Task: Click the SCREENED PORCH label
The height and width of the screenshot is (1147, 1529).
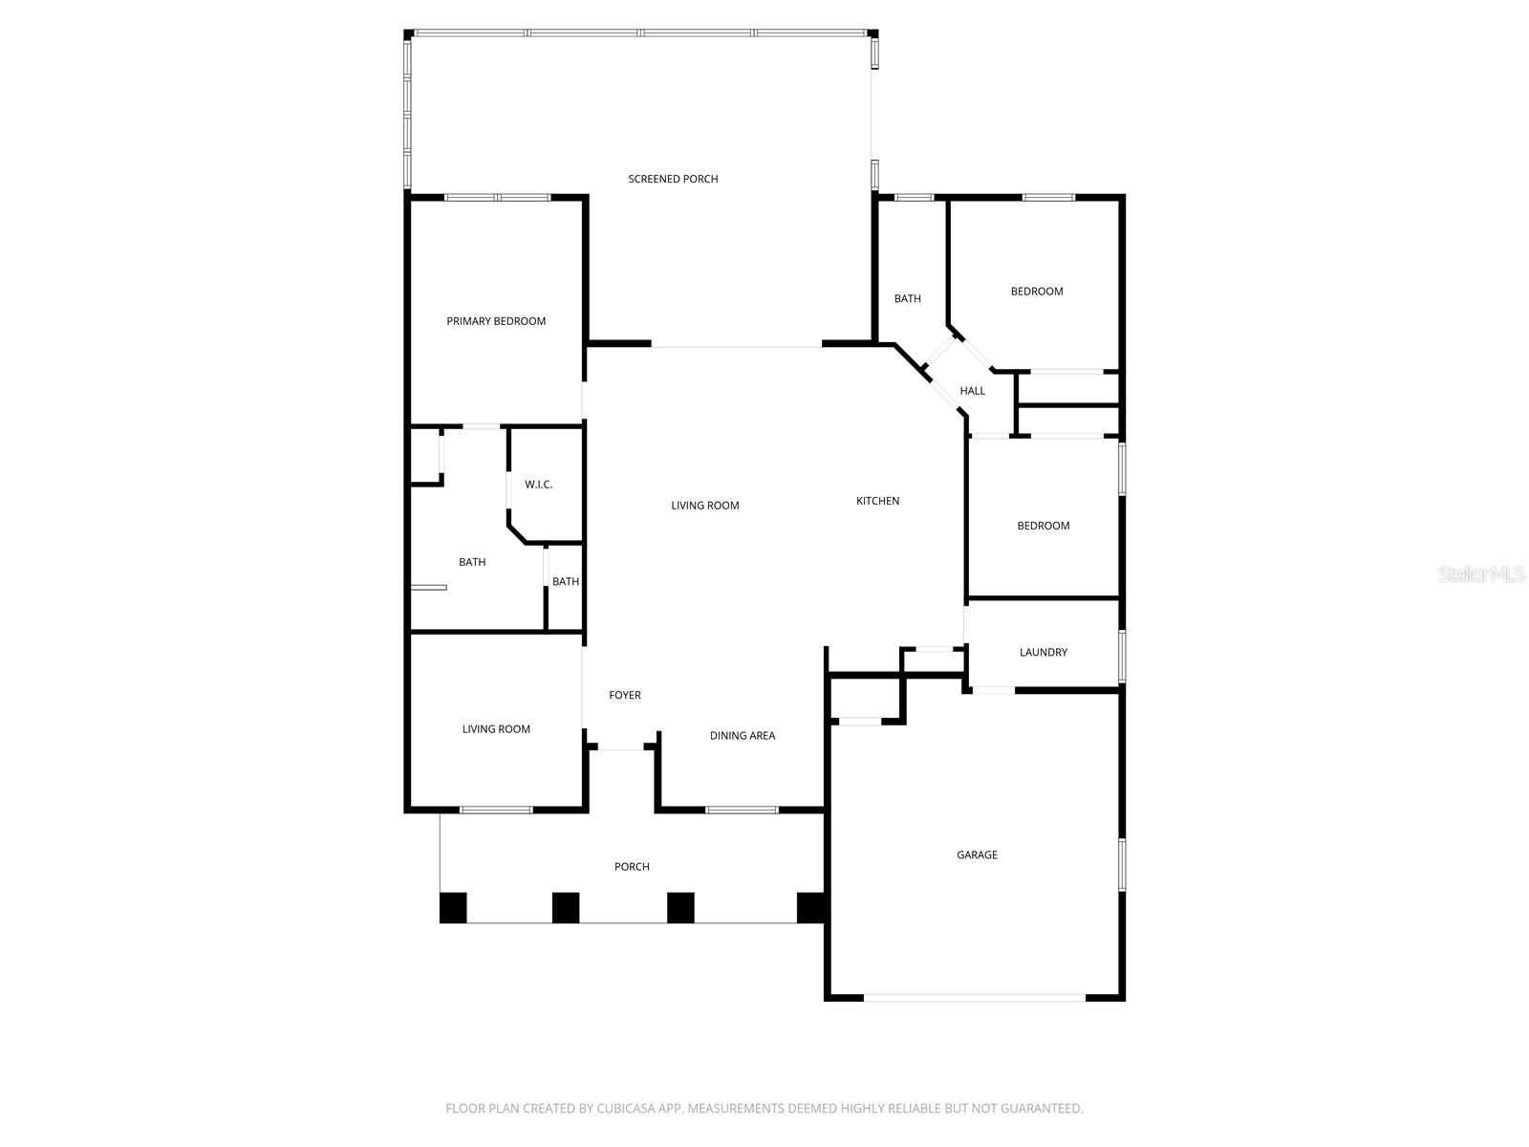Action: pyautogui.click(x=673, y=179)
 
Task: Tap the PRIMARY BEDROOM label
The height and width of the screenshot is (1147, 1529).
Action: pyautogui.click(x=496, y=321)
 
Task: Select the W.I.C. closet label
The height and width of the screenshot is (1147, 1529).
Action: pyautogui.click(x=538, y=485)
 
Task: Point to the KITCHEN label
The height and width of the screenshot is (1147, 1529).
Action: pyautogui.click(x=877, y=501)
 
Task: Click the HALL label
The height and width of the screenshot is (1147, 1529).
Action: pyautogui.click(x=972, y=391)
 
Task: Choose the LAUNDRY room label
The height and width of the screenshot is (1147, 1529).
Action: pyautogui.click(x=1043, y=653)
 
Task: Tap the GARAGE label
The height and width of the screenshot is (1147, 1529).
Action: pyautogui.click(x=977, y=855)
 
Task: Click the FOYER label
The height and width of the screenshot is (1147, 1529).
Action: pyautogui.click(x=625, y=695)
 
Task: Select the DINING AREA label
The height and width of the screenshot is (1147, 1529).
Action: pyautogui.click(x=742, y=736)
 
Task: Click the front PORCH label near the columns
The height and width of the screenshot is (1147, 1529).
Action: pyautogui.click(x=632, y=867)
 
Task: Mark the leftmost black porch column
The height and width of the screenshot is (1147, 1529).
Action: pyautogui.click(x=453, y=907)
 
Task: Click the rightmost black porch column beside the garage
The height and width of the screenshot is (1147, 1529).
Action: pyautogui.click(x=810, y=907)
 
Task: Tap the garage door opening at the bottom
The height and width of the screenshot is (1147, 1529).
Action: pyautogui.click(x=975, y=997)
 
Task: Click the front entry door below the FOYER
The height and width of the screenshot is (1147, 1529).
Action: pyautogui.click(x=622, y=748)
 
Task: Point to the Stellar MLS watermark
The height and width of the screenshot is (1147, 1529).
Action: pyautogui.click(x=1481, y=574)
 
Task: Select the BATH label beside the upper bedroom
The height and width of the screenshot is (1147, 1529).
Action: pyautogui.click(x=907, y=299)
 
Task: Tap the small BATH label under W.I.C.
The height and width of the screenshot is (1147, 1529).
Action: pyautogui.click(x=565, y=582)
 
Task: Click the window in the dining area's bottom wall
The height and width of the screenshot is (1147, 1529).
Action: pyautogui.click(x=742, y=810)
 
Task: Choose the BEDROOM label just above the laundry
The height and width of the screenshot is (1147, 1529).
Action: pyautogui.click(x=1043, y=526)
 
